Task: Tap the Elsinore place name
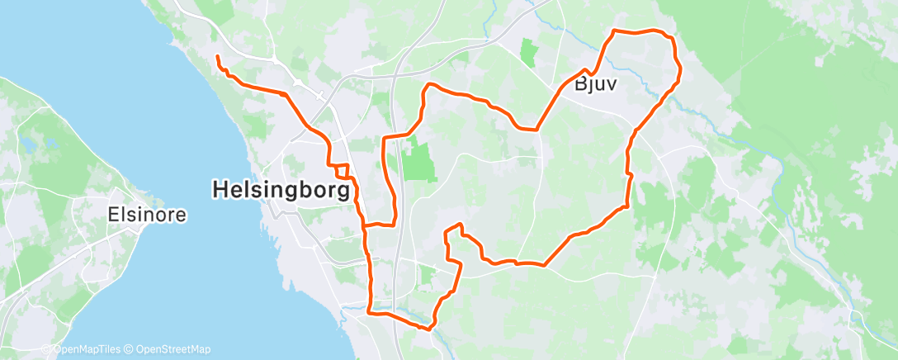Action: tap(147, 216)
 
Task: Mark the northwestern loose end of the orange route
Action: tap(217, 56)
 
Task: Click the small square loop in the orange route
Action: tap(342, 171)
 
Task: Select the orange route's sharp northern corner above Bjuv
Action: tap(613, 31)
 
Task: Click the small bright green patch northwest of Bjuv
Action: tap(527, 52)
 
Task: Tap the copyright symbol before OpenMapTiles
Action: tap(46, 349)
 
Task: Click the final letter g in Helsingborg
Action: tap(343, 192)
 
